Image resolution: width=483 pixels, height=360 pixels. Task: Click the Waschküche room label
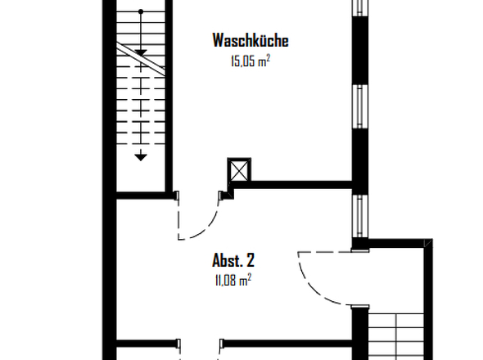[251, 41]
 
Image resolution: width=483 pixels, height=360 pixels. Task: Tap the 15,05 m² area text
[251, 61]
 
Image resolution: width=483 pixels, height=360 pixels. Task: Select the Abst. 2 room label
[233, 260]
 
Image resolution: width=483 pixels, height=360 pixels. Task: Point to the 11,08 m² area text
[233, 281]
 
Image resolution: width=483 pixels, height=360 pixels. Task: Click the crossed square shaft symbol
[239, 170]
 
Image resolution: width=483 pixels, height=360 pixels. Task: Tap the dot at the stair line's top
[141, 11]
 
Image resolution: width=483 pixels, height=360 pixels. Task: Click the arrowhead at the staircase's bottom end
[141, 157]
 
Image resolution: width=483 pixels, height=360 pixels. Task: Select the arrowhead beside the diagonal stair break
[141, 53]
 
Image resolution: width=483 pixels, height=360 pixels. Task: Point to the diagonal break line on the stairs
[141, 59]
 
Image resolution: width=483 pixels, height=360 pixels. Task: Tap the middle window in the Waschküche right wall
[359, 106]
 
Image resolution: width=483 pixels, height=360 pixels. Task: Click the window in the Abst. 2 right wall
[359, 216]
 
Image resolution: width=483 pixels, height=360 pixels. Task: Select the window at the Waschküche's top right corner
[359, 7]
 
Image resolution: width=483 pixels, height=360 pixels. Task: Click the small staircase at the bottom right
[396, 336]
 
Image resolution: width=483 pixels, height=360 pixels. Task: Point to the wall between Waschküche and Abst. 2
[292, 185]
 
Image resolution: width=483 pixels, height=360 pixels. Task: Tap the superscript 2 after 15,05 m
[269, 57]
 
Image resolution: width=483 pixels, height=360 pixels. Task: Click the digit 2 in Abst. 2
[251, 260]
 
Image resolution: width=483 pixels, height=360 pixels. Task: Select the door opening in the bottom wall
[200, 344]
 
